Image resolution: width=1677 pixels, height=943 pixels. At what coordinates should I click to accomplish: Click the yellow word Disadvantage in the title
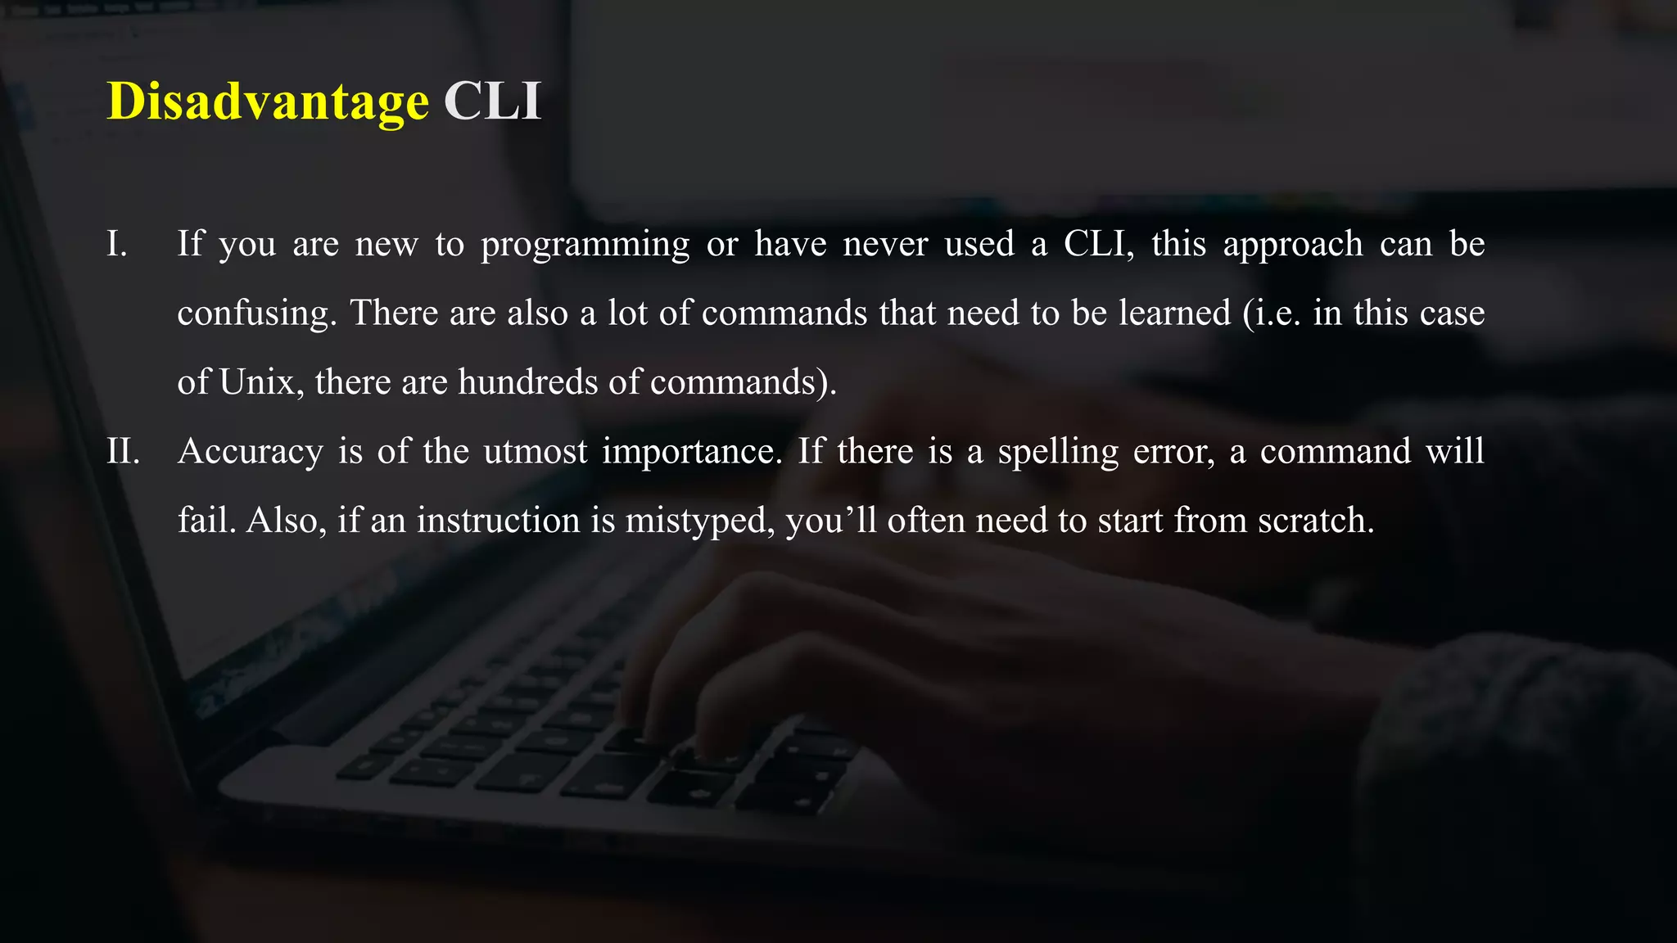[x=268, y=102]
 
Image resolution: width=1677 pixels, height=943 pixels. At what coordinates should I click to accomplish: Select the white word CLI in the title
[x=492, y=102]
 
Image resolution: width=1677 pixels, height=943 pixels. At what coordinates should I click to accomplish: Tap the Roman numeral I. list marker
[x=117, y=244]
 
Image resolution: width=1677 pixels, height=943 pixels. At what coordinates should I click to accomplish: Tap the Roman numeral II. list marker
[x=123, y=451]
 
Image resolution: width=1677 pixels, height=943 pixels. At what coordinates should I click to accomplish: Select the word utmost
[x=536, y=451]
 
